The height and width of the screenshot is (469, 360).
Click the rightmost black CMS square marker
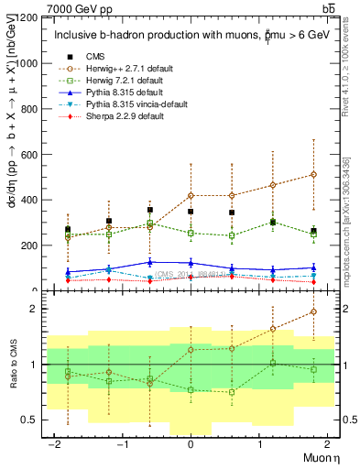pyautogui.click(x=313, y=231)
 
